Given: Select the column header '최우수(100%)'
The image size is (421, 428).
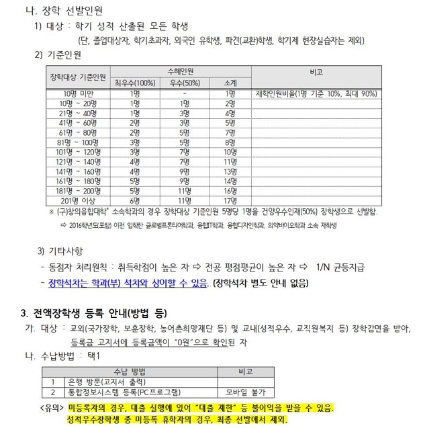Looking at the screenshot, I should [134, 83].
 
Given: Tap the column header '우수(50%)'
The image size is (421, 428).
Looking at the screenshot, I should [183, 83].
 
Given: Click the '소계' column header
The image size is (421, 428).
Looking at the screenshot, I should [230, 83].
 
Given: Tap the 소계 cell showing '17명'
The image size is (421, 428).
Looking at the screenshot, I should [230, 200].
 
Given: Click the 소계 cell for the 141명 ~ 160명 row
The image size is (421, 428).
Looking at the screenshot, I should [230, 171].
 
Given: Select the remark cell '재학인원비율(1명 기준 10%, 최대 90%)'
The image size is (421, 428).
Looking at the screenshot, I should [316, 93].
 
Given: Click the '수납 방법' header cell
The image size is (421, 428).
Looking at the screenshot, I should [130, 371].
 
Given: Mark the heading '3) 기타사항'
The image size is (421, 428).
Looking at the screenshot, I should [61, 251].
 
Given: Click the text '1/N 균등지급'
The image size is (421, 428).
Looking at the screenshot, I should [340, 267].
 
